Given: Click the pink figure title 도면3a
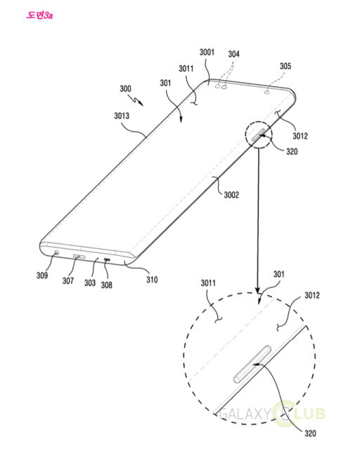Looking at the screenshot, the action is click(39, 15).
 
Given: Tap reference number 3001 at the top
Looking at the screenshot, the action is click(207, 52).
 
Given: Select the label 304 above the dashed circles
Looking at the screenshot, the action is click(233, 54).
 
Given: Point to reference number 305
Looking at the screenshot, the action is click(285, 66).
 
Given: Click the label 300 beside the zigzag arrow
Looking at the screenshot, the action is click(125, 89).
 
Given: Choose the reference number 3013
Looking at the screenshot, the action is click(122, 115).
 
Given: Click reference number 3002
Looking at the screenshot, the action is click(231, 195).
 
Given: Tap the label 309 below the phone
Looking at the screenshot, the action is click(42, 276).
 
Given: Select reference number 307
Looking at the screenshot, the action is click(68, 281).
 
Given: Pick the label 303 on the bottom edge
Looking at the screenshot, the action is click(90, 283).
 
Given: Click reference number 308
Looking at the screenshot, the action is click(106, 285).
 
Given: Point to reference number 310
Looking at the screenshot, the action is click(152, 280).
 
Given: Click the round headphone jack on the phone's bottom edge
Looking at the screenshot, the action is click(56, 253).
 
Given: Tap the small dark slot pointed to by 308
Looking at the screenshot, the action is click(107, 259).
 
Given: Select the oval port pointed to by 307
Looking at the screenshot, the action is click(79, 256).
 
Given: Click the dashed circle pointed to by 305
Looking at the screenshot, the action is click(267, 92).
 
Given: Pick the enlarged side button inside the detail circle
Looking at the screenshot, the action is click(252, 364).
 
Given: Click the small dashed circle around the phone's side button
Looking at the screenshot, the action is click(245, 135).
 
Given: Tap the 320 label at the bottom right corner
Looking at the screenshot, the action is click(310, 433).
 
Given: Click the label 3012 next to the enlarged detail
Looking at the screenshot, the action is click(312, 295).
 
